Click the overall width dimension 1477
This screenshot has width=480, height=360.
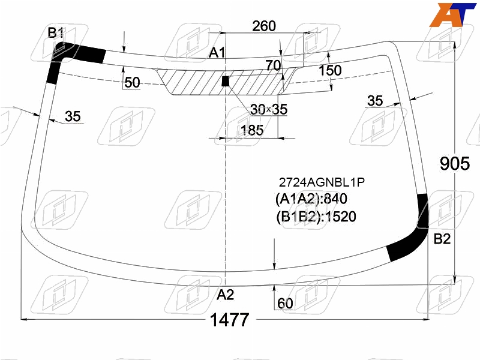(x=230, y=320)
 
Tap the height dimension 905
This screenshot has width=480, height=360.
(x=455, y=163)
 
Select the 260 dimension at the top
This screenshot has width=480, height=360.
(x=264, y=26)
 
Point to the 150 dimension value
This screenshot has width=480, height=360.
(x=330, y=70)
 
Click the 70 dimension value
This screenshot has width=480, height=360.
(x=273, y=65)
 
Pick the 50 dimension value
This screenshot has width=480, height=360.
(x=132, y=82)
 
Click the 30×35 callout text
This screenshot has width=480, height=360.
(x=269, y=109)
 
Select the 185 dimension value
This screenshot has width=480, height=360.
(x=252, y=130)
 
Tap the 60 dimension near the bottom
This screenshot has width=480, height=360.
(x=285, y=304)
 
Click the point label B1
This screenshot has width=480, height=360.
(x=55, y=32)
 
